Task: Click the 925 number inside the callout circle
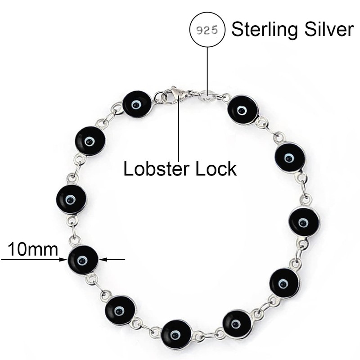click(x=207, y=30)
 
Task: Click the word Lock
click(x=215, y=169)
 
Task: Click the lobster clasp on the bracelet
click(x=177, y=94)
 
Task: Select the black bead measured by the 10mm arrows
click(x=83, y=260)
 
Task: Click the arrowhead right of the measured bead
click(x=103, y=259)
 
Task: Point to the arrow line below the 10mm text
click(x=31, y=259)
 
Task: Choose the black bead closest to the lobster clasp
click(x=137, y=104)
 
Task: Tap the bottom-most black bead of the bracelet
click(x=176, y=334)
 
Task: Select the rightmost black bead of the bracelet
click(x=304, y=221)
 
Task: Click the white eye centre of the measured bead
click(x=82, y=260)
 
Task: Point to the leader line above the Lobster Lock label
click(x=180, y=130)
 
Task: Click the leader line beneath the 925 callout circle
click(x=207, y=67)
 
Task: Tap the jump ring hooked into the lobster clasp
click(x=161, y=97)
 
